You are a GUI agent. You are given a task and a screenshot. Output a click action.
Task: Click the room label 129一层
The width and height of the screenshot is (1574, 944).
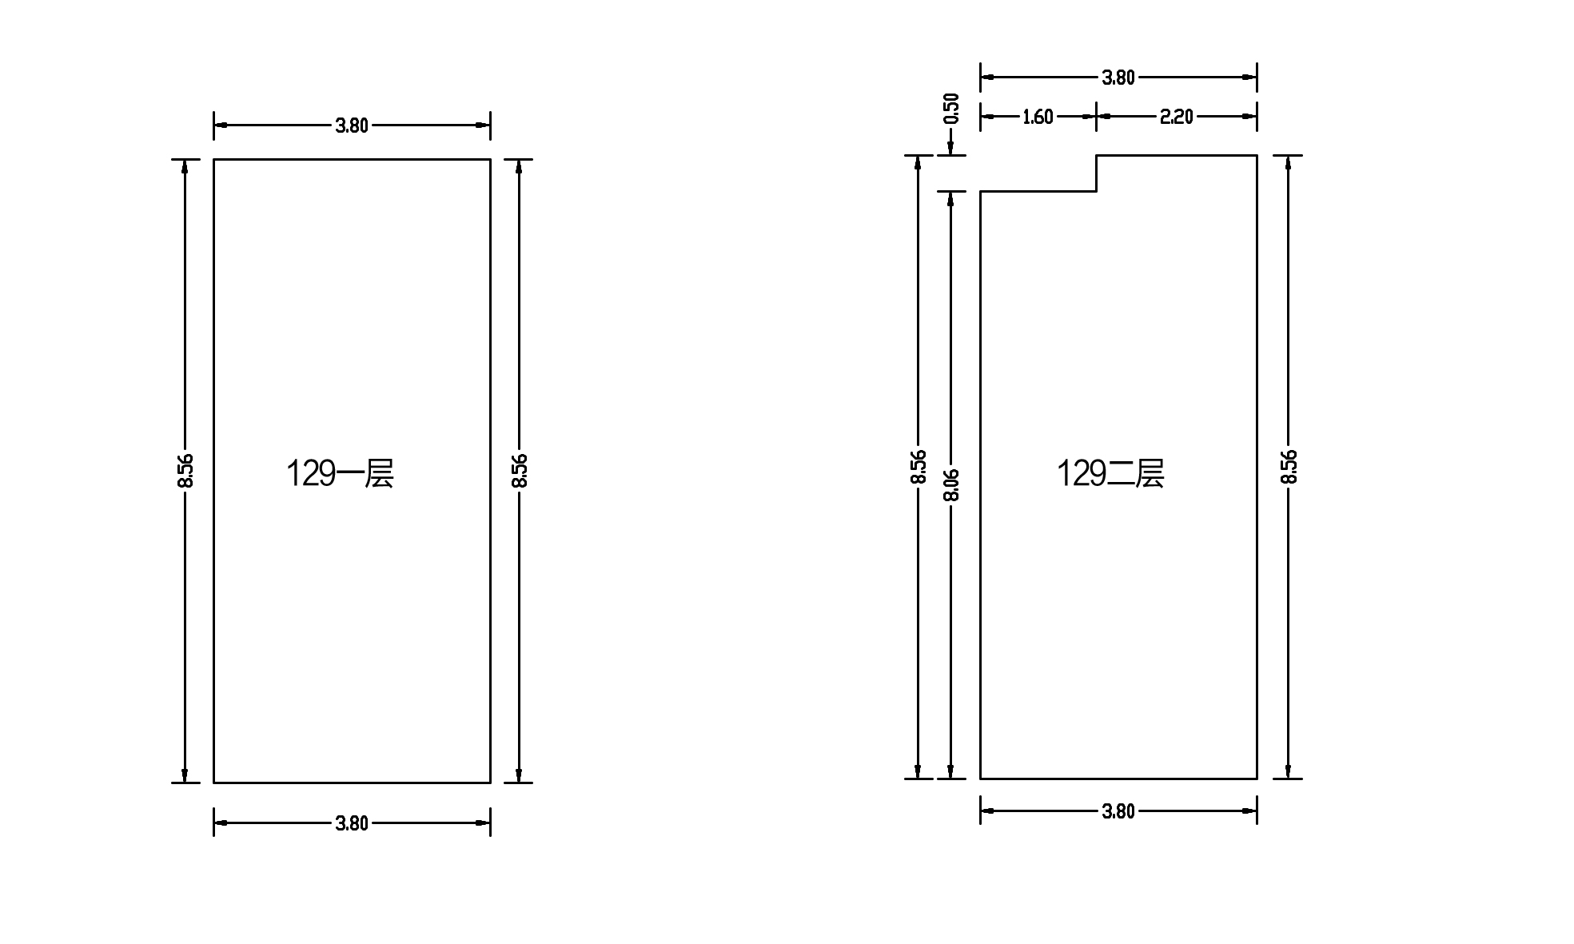(x=340, y=473)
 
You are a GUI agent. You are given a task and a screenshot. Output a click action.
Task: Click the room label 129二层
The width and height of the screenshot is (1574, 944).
(x=1110, y=473)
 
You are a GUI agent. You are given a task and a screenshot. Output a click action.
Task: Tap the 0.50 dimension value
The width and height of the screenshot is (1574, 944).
(x=951, y=109)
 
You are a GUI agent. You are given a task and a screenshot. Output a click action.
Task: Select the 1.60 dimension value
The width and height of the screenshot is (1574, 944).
(x=1038, y=118)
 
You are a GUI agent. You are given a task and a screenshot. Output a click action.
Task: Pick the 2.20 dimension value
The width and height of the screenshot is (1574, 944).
(x=1176, y=118)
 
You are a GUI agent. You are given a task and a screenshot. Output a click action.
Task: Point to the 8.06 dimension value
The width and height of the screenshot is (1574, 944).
(x=951, y=485)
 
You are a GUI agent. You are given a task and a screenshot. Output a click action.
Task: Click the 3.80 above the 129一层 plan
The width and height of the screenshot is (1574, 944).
(x=352, y=125)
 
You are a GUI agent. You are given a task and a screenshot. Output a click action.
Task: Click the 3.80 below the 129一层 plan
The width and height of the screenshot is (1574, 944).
(x=352, y=823)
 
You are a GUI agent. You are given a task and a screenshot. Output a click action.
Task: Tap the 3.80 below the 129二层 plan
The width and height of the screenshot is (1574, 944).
(x=1118, y=811)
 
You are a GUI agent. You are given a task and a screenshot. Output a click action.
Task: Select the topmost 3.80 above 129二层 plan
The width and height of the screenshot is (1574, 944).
(x=1118, y=78)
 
